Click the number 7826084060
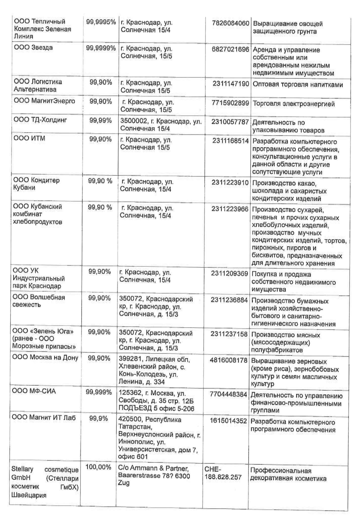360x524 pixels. (x=230, y=23)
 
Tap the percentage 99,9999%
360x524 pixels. (x=101, y=48)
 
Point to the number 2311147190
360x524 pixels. (x=231, y=84)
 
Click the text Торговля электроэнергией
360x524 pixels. (x=294, y=104)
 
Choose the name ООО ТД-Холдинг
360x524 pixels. (x=40, y=120)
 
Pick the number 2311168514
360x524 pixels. (x=230, y=141)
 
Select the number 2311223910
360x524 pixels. (x=230, y=183)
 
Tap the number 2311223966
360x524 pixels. (x=230, y=209)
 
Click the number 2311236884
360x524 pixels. (x=229, y=300)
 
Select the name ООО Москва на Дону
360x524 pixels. (x=45, y=357)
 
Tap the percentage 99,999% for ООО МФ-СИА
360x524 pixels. (x=99, y=392)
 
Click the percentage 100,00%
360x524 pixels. (x=98, y=467)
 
